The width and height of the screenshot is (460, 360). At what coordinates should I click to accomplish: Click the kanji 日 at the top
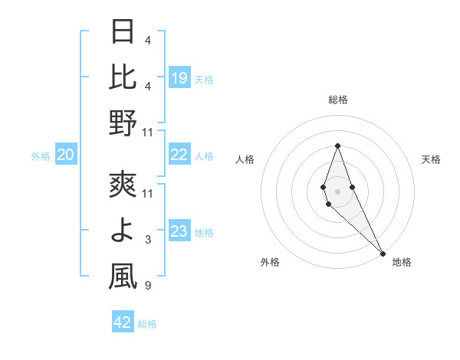pos(123,33)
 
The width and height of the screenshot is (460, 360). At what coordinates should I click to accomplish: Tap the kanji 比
pos(123,77)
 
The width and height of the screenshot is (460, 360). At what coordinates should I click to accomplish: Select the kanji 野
pos(123,123)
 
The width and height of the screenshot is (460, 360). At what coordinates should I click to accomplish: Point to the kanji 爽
pos(123,186)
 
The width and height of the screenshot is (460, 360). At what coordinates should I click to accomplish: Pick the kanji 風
pos(123,277)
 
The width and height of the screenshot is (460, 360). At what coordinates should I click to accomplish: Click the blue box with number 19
pos(179,77)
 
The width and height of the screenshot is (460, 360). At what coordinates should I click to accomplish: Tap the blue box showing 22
pos(179,155)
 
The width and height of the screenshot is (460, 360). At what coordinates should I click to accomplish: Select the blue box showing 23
pos(179,232)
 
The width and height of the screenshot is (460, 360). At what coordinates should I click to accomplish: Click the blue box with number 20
pos(66,155)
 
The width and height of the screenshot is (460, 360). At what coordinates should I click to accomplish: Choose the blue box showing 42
pos(123,322)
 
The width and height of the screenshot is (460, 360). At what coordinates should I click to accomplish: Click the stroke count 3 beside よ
pos(148,241)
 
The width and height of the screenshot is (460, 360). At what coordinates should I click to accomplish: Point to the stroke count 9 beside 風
pos(148,286)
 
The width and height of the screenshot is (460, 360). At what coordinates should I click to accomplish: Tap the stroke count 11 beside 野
pos(148,133)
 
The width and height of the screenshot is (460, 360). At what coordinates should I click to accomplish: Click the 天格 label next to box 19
pos(204,79)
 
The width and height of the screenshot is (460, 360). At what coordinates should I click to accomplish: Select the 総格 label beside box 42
pos(147,324)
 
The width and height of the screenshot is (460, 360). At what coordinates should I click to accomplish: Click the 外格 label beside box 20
pos(41,156)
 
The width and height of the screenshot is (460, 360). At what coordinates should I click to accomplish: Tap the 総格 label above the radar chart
pos(337,100)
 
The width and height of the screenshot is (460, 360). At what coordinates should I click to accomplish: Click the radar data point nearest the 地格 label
pos(383,252)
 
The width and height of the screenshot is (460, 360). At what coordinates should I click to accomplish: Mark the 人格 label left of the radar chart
pos(245,159)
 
